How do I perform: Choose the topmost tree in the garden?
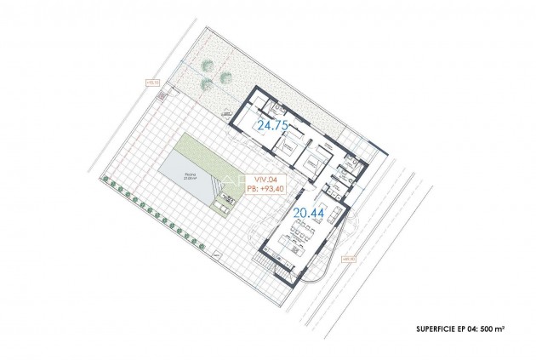tap(208, 66)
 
